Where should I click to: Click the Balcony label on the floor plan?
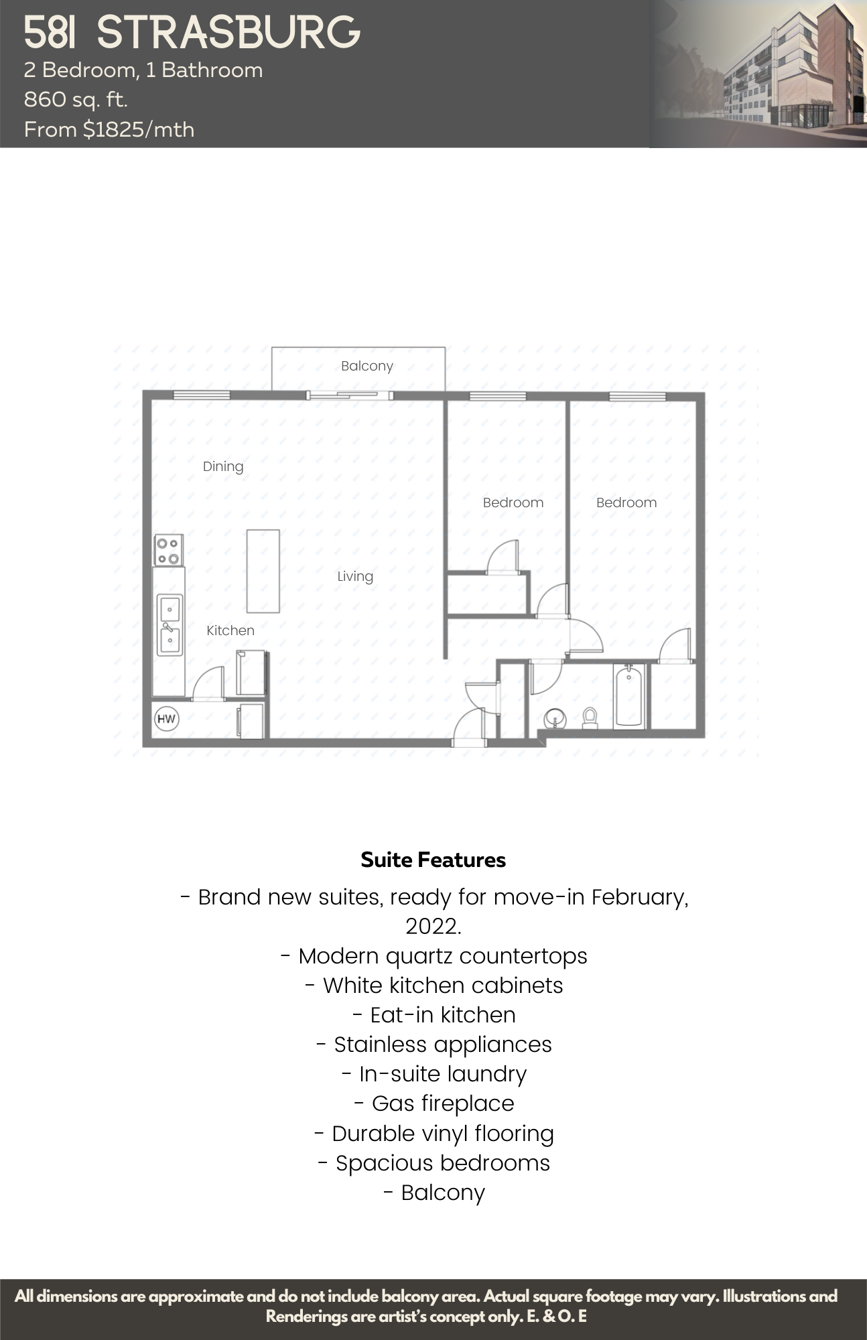coord(366,366)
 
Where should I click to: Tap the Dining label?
coord(223,466)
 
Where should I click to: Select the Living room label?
coord(355,576)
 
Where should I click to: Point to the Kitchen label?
coord(230,630)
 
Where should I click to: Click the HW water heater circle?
coord(166,720)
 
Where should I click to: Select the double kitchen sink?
coord(170,625)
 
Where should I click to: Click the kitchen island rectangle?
coord(263,571)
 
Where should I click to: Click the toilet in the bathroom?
coord(590,718)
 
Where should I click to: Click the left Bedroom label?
coord(513,503)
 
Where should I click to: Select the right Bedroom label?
coord(626,503)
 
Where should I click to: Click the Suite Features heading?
coord(433,860)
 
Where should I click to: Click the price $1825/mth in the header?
coord(139,129)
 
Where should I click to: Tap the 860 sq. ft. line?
coord(76,100)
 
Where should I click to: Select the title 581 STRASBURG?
coord(192,33)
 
